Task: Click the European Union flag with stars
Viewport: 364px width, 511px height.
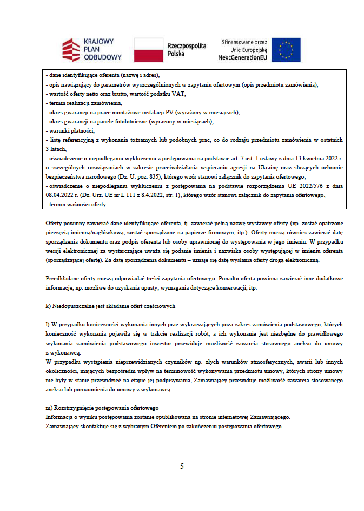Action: pos(286,50)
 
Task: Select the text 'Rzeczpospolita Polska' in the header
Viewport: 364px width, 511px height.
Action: pos(187,50)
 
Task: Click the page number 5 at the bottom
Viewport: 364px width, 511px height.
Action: pos(182,466)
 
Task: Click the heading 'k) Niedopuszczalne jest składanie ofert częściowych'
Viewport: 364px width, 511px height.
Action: pos(111,306)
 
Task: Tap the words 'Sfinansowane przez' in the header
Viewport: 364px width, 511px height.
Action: pos(245,41)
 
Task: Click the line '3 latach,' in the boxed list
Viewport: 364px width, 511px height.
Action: pos(56,149)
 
